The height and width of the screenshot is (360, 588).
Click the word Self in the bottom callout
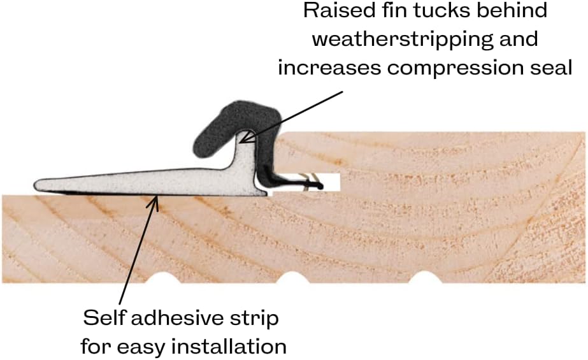101,318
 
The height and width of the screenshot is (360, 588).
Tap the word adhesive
172,318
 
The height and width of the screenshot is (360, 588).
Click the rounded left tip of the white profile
38,185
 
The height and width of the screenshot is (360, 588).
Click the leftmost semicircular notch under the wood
163,280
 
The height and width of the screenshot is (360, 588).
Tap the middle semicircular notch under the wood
292,280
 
